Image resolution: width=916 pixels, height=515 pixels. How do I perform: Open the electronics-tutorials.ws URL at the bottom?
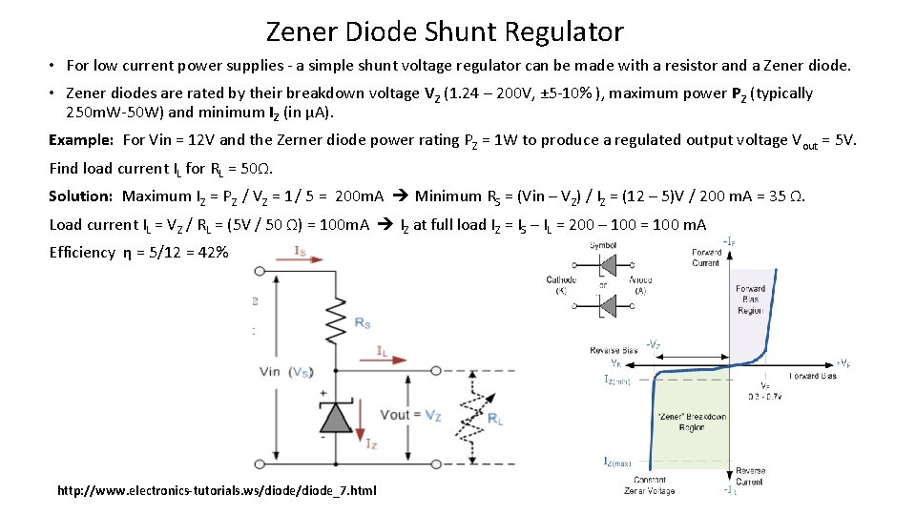click(217, 490)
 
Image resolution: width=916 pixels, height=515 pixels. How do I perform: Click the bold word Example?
click(81, 140)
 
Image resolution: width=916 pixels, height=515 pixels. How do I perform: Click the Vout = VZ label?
click(409, 415)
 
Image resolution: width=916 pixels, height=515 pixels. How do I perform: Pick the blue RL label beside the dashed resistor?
click(495, 420)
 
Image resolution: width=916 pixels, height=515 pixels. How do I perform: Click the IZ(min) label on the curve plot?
click(618, 380)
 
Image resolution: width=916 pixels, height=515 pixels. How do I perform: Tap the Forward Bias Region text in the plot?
click(750, 299)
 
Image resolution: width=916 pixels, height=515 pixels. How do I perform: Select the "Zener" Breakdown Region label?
click(692, 422)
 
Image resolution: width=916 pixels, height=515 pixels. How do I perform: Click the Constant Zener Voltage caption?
click(649, 484)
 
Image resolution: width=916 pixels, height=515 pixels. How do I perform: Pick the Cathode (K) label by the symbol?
click(561, 284)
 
